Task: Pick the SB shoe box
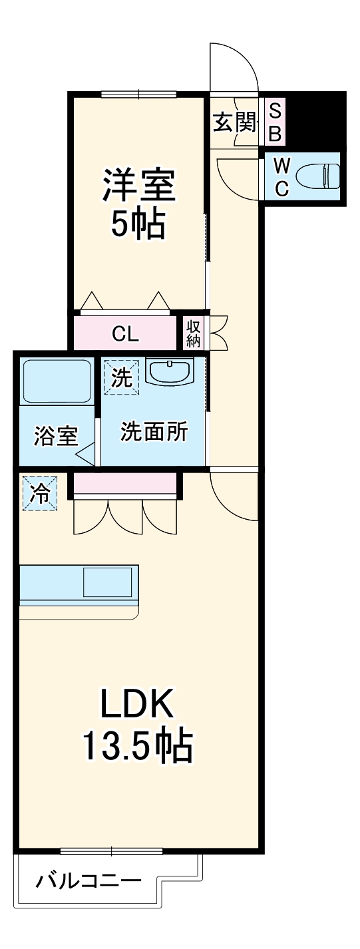point(275,122)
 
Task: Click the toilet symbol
point(318,177)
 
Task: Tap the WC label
point(281,177)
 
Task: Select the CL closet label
point(125,333)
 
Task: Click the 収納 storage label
point(194,333)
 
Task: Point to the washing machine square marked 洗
point(120,377)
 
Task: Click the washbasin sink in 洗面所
point(170,372)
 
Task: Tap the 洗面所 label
point(154,432)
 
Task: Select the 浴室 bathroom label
point(56,437)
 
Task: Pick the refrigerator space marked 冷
point(39,493)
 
